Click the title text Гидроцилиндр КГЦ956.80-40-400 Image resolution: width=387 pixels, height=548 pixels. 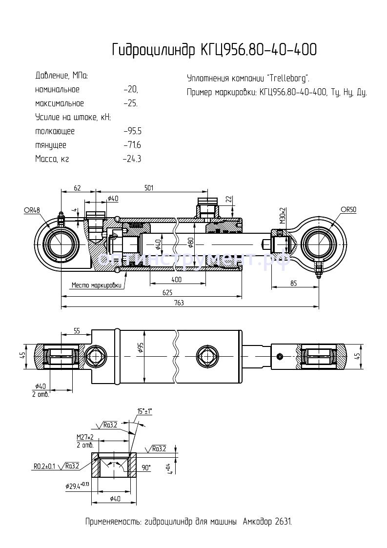pos(214,50)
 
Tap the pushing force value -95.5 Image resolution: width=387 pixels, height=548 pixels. pos(133,131)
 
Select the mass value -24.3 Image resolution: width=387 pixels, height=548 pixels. pos(132,159)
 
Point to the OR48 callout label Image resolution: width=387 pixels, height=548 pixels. pos(31,210)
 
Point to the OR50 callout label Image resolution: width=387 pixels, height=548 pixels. pos(348,209)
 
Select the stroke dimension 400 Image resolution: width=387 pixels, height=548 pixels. pos(176,280)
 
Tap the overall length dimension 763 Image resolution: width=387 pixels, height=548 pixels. pos(179,303)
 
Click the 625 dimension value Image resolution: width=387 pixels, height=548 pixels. pos(167,292)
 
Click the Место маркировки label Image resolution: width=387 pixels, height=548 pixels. pos(96,285)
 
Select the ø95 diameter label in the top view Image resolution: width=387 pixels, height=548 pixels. pos(141,347)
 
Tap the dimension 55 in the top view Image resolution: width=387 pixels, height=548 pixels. pos(77,331)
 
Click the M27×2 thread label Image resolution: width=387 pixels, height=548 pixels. pos(85,437)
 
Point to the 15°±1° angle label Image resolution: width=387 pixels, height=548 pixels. pos(144,411)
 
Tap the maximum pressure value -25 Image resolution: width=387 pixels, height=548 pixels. pos(131,103)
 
